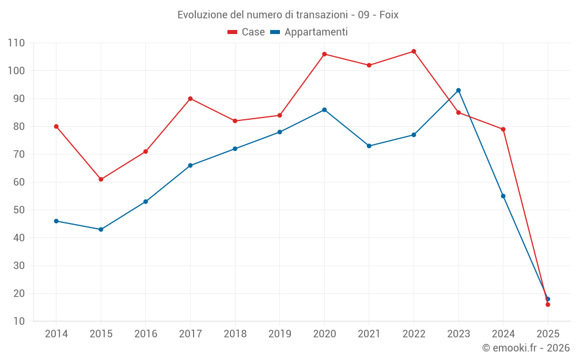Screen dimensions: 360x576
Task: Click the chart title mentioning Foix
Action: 288,14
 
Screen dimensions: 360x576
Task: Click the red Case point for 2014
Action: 56,126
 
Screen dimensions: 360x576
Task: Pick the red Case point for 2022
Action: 414,51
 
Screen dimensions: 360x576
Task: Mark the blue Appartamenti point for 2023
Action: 458,90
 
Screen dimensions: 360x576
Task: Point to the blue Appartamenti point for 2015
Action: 101,229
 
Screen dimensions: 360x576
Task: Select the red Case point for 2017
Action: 190,98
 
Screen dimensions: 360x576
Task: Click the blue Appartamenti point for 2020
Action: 324,109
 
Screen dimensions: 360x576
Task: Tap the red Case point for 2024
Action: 503,129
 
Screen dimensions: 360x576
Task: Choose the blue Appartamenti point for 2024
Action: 503,196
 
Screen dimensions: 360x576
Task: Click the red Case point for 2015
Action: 101,179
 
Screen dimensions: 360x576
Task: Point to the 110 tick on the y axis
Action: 16,43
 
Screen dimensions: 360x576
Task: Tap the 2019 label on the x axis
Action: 279,334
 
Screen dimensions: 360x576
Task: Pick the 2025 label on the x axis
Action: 547,334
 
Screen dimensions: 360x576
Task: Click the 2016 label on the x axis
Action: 146,334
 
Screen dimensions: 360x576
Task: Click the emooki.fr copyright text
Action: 526,348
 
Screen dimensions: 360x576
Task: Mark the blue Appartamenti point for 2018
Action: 235,149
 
